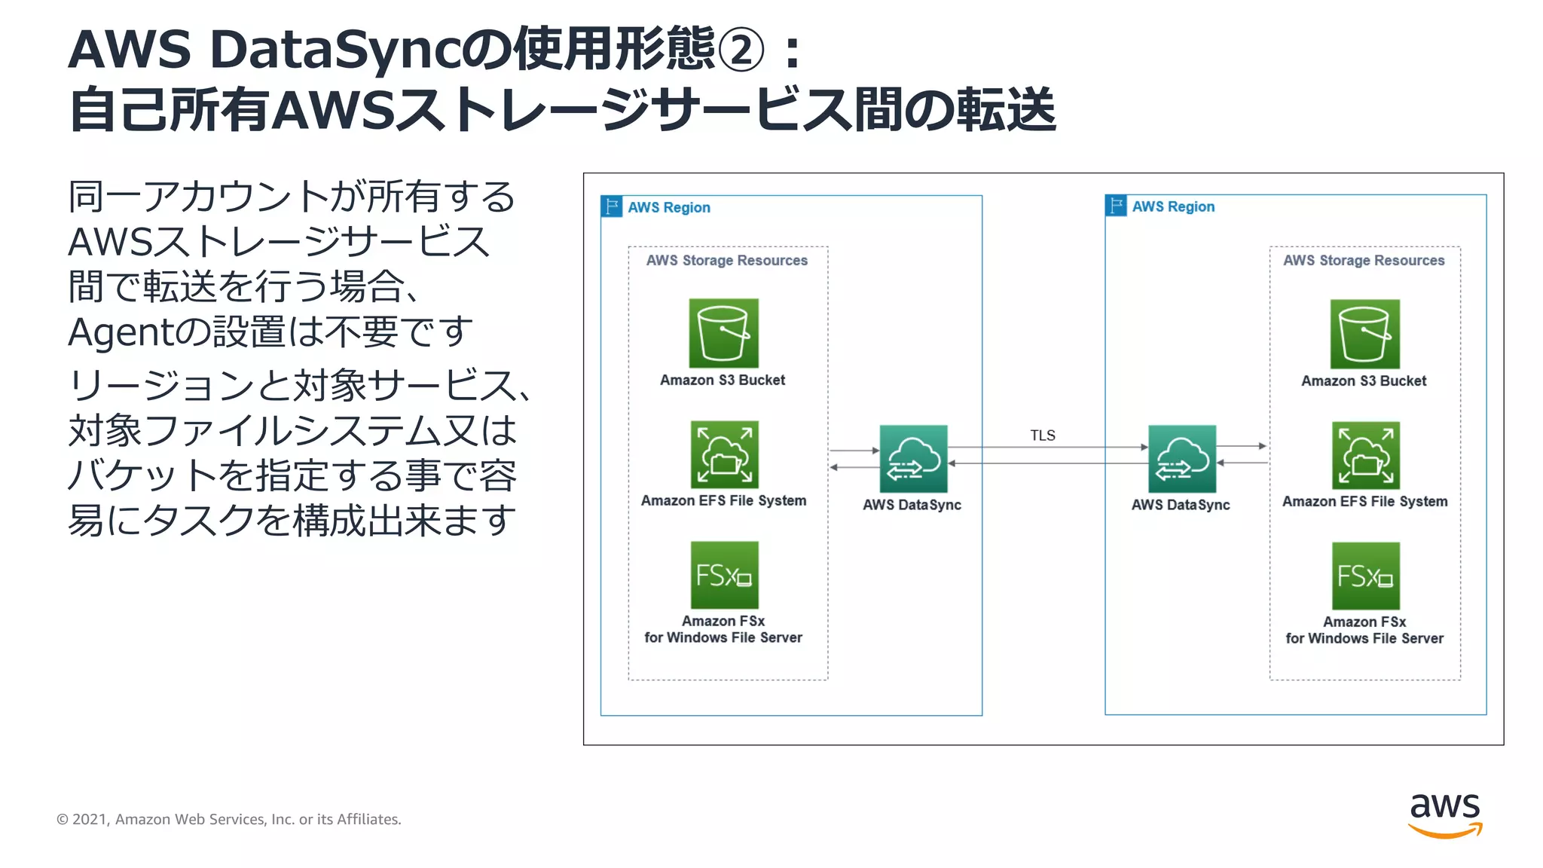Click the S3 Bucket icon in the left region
point(723,333)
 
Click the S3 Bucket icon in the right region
point(1364,334)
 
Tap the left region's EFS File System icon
point(724,454)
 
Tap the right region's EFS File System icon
point(1365,455)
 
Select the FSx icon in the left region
point(724,575)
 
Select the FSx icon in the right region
point(1365,576)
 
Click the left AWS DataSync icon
point(913,458)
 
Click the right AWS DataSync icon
point(1181,458)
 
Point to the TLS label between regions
point(1043,436)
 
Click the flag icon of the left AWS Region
point(612,206)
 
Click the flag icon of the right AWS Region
point(1116,206)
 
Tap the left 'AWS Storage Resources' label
point(726,260)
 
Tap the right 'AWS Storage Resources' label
point(1364,260)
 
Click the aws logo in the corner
point(1444,814)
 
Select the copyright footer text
point(229,819)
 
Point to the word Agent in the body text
point(120,332)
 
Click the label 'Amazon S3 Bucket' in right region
point(1364,381)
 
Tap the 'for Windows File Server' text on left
point(723,637)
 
